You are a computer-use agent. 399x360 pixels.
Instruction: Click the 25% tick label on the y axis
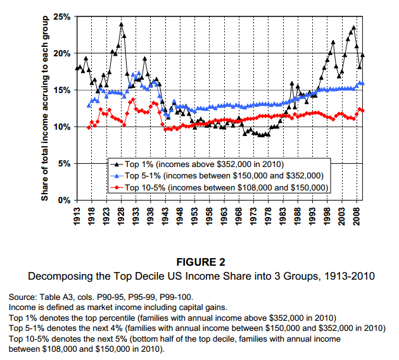(x=61, y=16)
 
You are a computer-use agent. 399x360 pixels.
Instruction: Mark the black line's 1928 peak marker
(x=121, y=25)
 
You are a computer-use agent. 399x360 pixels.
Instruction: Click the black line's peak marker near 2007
(x=353, y=28)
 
